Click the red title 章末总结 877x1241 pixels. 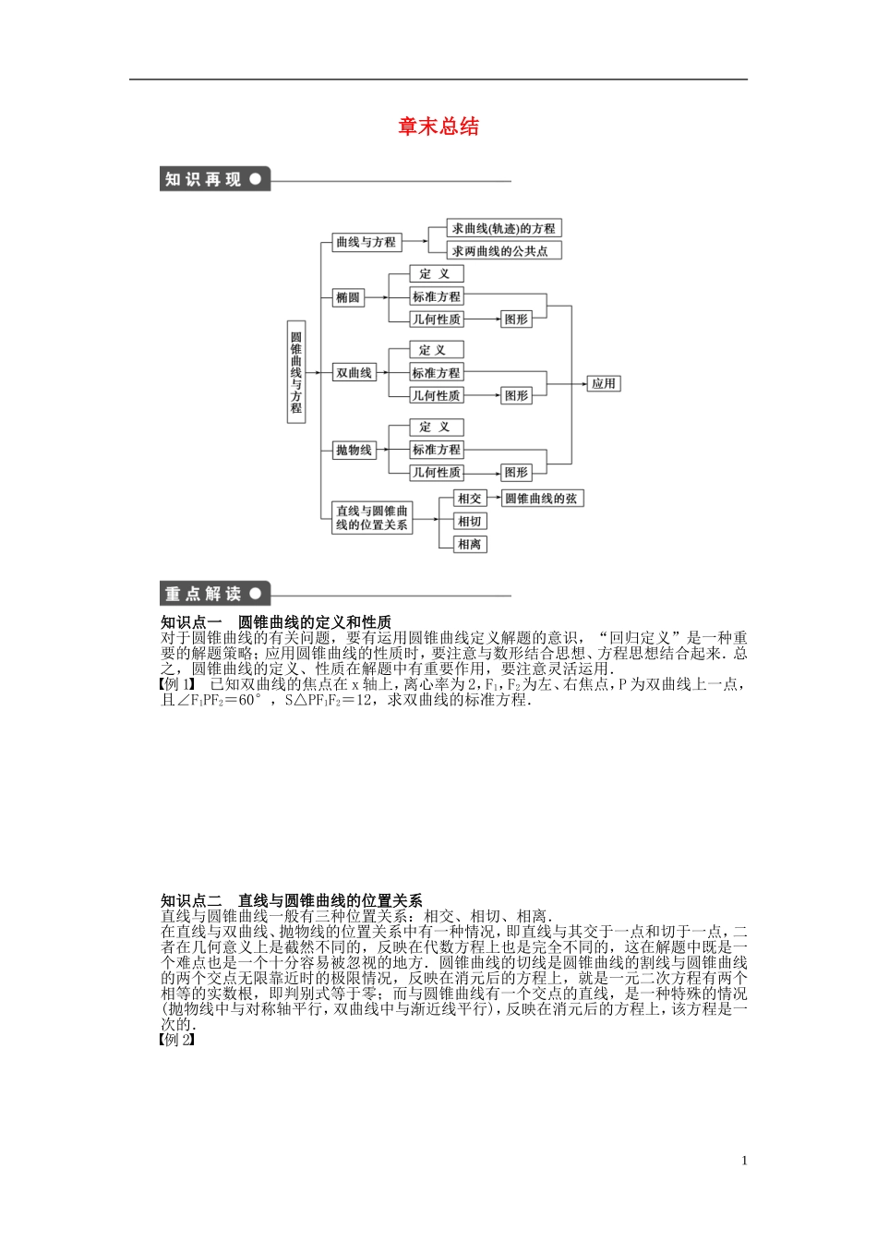(438, 127)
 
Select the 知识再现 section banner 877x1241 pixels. (214, 179)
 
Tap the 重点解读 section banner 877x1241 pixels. (214, 594)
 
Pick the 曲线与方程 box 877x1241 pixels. (366, 242)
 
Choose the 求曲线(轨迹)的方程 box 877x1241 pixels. (504, 228)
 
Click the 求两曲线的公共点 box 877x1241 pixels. (504, 250)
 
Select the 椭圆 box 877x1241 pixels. (348, 297)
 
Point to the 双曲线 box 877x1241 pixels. (354, 373)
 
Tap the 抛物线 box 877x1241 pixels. (354, 450)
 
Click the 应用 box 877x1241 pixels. (603, 383)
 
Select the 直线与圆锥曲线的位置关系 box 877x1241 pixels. (372, 517)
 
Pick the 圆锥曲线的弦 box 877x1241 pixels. (543, 499)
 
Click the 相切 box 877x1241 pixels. (470, 522)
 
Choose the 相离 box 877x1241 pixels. (470, 544)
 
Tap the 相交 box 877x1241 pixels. (470, 499)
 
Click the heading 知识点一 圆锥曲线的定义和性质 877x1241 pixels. (276, 622)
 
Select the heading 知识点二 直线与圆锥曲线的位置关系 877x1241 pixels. (292, 900)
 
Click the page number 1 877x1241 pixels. (745, 1161)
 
